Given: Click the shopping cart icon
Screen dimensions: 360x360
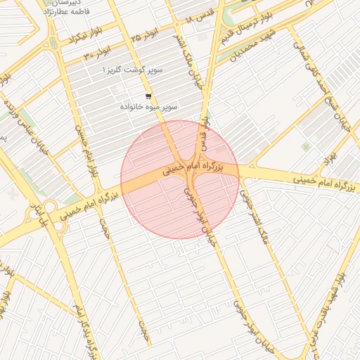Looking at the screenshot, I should tap(148, 96).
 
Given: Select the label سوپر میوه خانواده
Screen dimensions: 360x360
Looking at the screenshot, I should tap(150, 107).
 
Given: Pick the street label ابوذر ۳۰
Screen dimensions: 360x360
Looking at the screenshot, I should tap(97, 54).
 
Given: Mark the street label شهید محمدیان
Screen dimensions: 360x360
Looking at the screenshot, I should tap(243, 44).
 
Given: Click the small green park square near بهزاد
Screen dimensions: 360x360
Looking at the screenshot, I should tap(305, 146).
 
